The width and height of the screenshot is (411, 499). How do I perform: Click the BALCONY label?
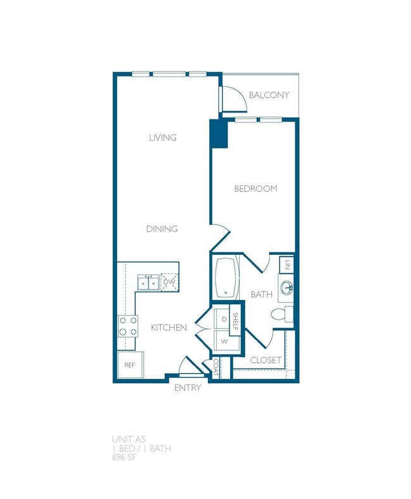pos(269,95)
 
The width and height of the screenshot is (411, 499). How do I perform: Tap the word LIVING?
pos(163,138)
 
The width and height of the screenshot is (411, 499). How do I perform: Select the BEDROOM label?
pos(255,189)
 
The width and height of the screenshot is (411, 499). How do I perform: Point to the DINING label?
pos(162,229)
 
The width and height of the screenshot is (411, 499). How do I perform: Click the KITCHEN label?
pos(168,328)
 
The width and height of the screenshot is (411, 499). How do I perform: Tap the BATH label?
pos(261,294)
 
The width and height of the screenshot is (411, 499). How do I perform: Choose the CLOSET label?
pos(266,360)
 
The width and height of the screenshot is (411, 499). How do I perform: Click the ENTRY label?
pos(187,388)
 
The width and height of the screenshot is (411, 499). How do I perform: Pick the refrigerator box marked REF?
pos(130,366)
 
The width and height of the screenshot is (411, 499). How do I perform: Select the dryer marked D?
pos(224,319)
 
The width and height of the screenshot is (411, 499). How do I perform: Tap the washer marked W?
pos(224,342)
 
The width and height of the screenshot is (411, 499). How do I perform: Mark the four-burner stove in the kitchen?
pos(128,326)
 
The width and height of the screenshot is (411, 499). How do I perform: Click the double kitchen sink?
pos(149,281)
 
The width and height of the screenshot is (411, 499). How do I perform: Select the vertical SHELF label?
pos(235,323)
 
